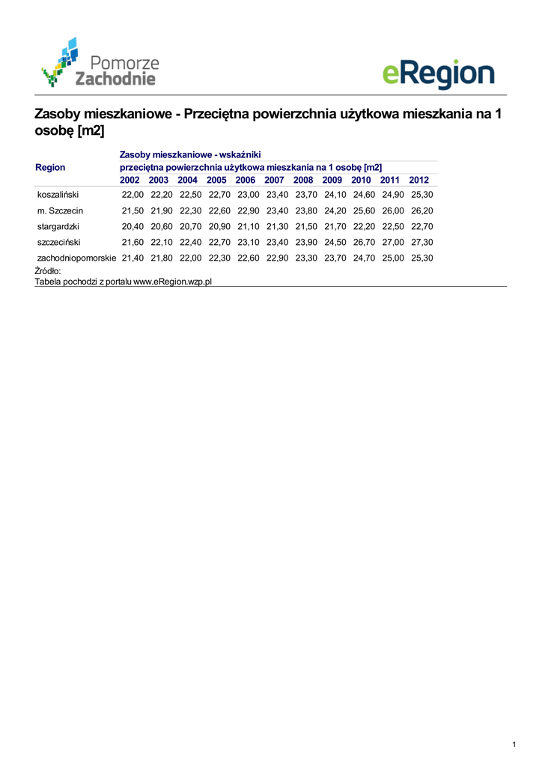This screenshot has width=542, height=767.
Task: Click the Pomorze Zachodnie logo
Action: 100,63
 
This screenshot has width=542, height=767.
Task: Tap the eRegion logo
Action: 438,74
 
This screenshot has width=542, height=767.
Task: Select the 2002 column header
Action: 130,180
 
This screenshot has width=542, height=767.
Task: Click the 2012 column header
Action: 419,180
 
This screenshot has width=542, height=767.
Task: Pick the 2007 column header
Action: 274,180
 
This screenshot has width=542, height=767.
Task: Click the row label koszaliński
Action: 58,195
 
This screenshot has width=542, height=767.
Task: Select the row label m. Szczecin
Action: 60,210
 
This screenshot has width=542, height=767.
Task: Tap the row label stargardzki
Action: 58,226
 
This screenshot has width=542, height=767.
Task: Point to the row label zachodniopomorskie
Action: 76,258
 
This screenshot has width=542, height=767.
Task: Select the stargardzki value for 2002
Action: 133,226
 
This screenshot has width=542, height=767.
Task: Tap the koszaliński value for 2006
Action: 248,195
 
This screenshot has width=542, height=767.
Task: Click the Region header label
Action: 50,168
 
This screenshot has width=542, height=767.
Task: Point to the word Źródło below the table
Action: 47,270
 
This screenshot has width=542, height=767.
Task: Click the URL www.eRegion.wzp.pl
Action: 173,281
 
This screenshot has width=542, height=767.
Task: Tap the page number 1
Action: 514,744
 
